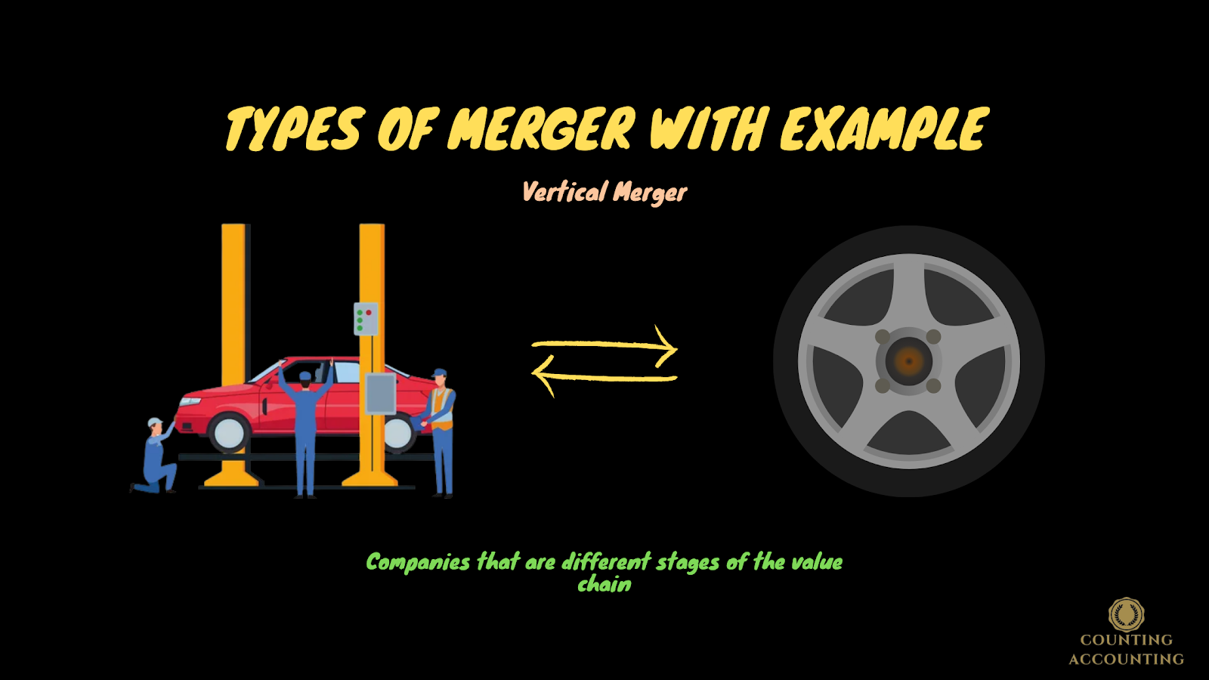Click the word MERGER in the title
[541, 128]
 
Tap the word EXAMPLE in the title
[883, 128]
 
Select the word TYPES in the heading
[295, 129]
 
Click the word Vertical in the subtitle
[564, 192]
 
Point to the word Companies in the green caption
[418, 562]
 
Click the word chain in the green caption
[604, 584]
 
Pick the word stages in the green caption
[688, 562]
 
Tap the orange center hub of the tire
[908, 361]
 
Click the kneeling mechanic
[157, 457]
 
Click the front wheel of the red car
[227, 433]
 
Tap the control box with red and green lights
[366, 318]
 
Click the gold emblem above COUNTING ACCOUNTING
[1126, 614]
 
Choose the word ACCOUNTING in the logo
[1126, 659]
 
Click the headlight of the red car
[188, 400]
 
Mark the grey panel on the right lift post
[380, 394]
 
